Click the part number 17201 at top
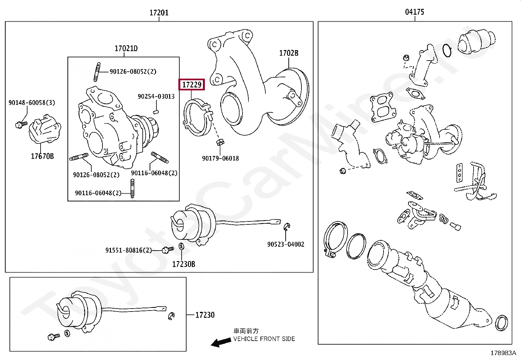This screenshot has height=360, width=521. pyautogui.click(x=159, y=13)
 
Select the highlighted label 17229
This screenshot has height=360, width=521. pyautogui.click(x=192, y=85)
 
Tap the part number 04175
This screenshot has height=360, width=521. pyautogui.click(x=415, y=12)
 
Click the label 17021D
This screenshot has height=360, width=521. pyautogui.click(x=126, y=48)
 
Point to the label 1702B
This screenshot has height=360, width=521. pyautogui.click(x=289, y=53)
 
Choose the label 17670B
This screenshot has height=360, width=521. pyautogui.click(x=42, y=156)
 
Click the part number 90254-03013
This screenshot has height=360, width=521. pyautogui.click(x=156, y=96)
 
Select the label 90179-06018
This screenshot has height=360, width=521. pyautogui.click(x=220, y=159)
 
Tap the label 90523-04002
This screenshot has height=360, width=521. pyautogui.click(x=286, y=244)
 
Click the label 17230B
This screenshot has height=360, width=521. pyautogui.click(x=184, y=264)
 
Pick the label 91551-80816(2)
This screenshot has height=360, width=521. pyautogui.click(x=129, y=250)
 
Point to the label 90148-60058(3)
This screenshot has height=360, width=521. pyautogui.click(x=32, y=103)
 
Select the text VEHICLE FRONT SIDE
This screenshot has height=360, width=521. pyautogui.click(x=264, y=339)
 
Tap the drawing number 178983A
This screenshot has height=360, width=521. pyautogui.click(x=503, y=353)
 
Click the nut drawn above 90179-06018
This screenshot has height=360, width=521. pyautogui.click(x=220, y=142)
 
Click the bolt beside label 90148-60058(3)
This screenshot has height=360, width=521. pyautogui.click(x=21, y=124)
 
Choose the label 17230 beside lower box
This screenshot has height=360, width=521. pyautogui.click(x=205, y=315)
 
